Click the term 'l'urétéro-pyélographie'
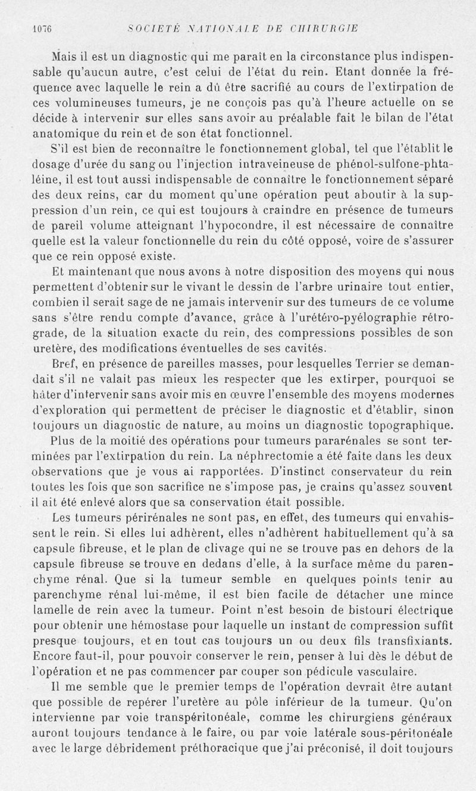pyautogui.click(x=347, y=318)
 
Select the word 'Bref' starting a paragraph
pyautogui.click(x=63, y=365)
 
